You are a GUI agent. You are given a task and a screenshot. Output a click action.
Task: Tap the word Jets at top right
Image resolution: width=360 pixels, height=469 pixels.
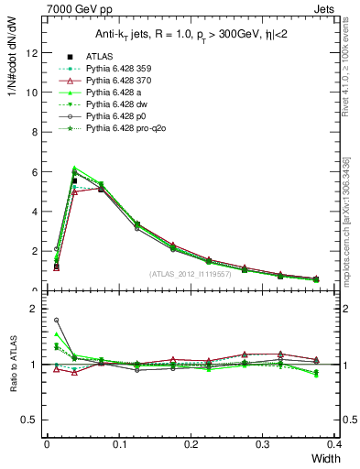tap(340, 8)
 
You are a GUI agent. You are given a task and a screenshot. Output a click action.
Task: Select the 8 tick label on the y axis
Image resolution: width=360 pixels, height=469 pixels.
tap(34, 132)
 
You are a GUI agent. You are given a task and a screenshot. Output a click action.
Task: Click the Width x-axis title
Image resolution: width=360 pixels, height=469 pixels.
tap(327, 457)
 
